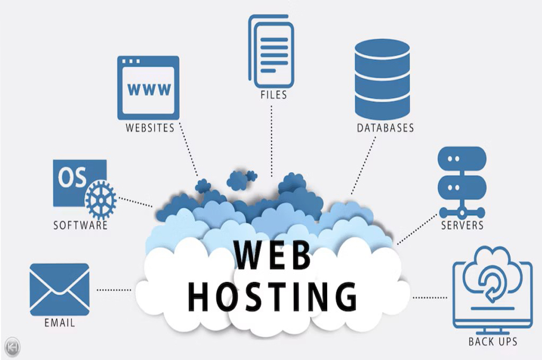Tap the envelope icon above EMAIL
click(59, 289)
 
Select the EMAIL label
click(59, 322)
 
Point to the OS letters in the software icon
click(73, 179)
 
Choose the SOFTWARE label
click(80, 226)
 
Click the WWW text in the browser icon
click(148, 88)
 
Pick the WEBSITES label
click(150, 128)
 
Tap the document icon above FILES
click(271, 50)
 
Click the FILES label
click(273, 95)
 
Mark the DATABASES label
click(385, 128)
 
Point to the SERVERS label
click(462, 226)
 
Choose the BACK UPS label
click(492, 341)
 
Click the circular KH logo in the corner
click(12, 347)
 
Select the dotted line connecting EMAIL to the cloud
click(114, 290)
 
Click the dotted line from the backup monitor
click(430, 298)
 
